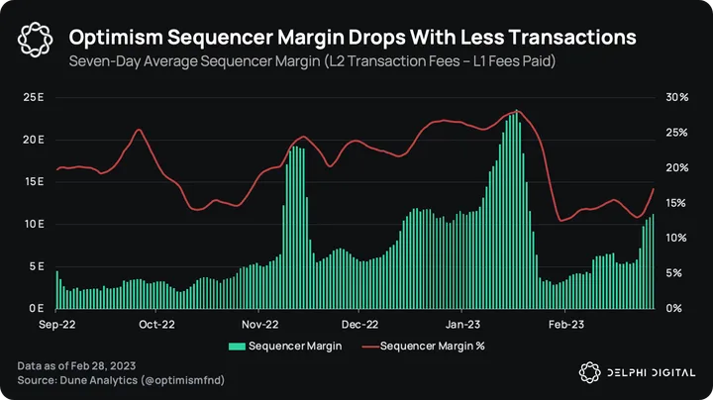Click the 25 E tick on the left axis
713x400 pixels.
[34, 97]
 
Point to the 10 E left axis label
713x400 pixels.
[34, 224]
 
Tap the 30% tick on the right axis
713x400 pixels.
[677, 97]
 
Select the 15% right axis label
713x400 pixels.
[677, 203]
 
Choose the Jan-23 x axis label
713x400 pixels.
[461, 324]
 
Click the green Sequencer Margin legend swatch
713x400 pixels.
[237, 346]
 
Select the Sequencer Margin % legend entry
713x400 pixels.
[432, 346]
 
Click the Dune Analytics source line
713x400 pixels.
[106, 380]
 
